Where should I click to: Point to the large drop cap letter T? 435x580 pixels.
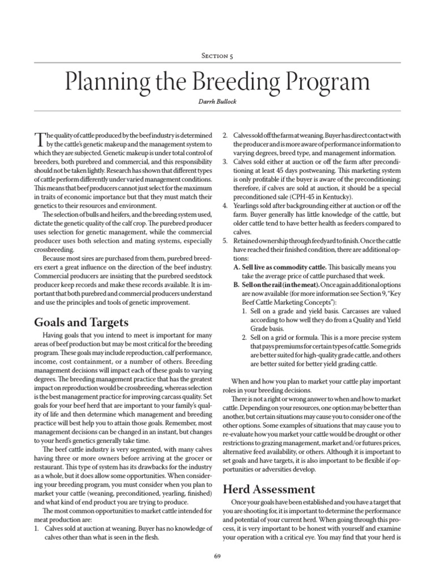(39, 139)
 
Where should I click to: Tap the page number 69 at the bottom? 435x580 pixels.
(217, 558)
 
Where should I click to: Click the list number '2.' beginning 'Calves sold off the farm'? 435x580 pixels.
(225, 135)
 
